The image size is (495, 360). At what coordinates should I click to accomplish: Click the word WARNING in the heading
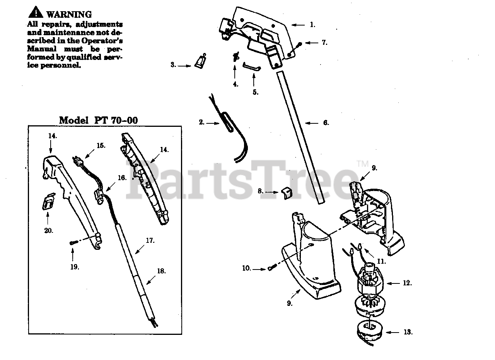coord(69,14)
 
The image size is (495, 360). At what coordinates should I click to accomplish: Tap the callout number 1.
coord(312,25)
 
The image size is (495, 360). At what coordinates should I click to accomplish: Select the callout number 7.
coord(324,43)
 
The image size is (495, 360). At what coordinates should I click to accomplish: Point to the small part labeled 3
coord(200,61)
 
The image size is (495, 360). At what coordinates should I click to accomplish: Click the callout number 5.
coord(255,92)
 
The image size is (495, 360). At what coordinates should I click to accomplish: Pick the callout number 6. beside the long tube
coord(326,123)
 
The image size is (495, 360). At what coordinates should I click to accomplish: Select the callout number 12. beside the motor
coord(407,283)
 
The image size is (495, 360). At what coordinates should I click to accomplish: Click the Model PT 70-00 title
coord(98,120)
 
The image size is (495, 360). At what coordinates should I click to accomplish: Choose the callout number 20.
coord(49,231)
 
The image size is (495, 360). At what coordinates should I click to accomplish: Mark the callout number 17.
coord(150,241)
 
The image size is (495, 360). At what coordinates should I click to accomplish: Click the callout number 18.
coord(161,271)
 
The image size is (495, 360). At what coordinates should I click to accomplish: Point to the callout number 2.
coord(201,122)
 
